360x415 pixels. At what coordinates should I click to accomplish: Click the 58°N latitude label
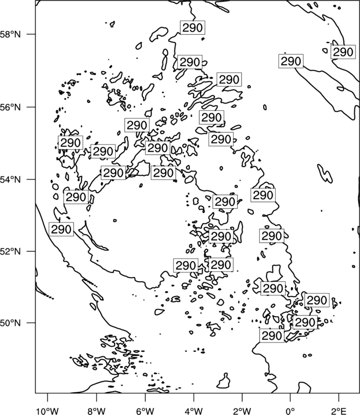pos(10,34)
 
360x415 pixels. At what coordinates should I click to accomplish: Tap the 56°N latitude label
pos(10,107)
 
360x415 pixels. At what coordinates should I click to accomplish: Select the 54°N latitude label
pos(10,180)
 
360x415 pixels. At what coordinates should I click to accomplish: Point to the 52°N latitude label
pos(10,251)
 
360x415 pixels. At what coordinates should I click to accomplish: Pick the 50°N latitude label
pos(10,323)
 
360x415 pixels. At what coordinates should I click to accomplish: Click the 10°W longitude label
pos(48,411)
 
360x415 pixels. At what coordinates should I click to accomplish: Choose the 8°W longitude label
pos(96,411)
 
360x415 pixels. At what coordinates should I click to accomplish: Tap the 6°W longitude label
pos(145,411)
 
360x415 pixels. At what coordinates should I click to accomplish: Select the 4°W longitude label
pos(194,411)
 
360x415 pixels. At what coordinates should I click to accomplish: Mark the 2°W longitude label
pos(242,411)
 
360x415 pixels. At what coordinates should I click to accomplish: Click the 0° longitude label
pos(291,411)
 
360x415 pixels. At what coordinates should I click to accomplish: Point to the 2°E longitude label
pos(339,411)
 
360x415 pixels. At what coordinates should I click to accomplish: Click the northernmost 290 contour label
pos(193,28)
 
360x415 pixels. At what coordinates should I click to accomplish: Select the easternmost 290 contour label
pos(343,52)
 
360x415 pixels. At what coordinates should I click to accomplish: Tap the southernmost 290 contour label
pos(272,336)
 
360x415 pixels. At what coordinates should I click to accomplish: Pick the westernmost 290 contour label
pos(61,229)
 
